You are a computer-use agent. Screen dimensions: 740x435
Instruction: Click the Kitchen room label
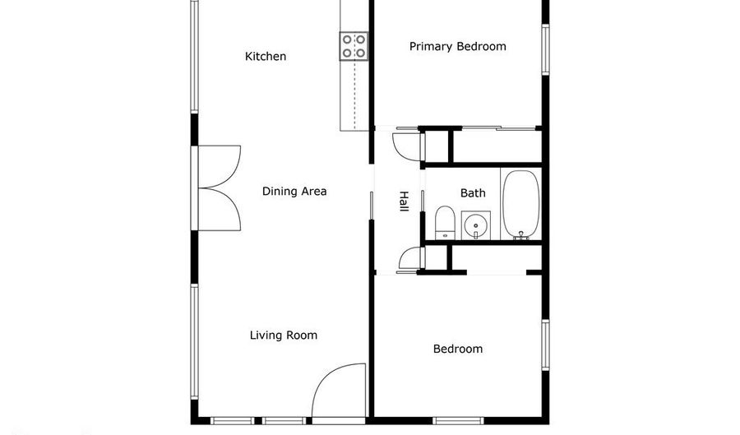pyautogui.click(x=266, y=57)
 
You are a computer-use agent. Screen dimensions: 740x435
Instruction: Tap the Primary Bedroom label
pyautogui.click(x=457, y=47)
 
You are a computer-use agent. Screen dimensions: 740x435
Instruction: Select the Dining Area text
pyautogui.click(x=294, y=191)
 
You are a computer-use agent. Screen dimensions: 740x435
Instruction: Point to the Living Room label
pyautogui.click(x=283, y=336)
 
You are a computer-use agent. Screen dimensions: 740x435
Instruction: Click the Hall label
pyautogui.click(x=404, y=201)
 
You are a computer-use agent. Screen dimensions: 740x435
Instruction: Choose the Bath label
pyautogui.click(x=473, y=193)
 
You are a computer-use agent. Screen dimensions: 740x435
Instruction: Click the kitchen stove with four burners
pyautogui.click(x=354, y=46)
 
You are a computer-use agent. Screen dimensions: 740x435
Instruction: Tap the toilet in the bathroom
pyautogui.click(x=445, y=222)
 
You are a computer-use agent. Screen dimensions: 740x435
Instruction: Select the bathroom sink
pyautogui.click(x=476, y=225)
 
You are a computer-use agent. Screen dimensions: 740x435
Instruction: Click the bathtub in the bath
pyautogui.click(x=520, y=204)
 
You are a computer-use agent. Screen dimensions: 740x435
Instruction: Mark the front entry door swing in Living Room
pyautogui.click(x=339, y=390)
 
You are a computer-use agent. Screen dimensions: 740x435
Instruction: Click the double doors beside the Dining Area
pyautogui.click(x=219, y=187)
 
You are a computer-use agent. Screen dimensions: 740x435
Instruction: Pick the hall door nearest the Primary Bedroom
pyautogui.click(x=408, y=146)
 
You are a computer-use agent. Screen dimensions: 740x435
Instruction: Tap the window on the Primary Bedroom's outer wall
pyautogui.click(x=545, y=49)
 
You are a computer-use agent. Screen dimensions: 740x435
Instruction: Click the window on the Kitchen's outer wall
pyautogui.click(x=194, y=56)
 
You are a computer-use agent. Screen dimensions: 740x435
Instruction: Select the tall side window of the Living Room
pyautogui.click(x=194, y=341)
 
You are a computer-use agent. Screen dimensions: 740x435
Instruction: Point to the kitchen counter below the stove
pyautogui.click(x=354, y=95)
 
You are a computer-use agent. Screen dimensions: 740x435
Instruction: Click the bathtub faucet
pyautogui.click(x=521, y=235)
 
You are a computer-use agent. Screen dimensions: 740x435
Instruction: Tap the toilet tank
pyautogui.click(x=445, y=234)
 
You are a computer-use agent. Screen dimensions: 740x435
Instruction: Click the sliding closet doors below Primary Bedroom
pyautogui.click(x=500, y=127)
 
